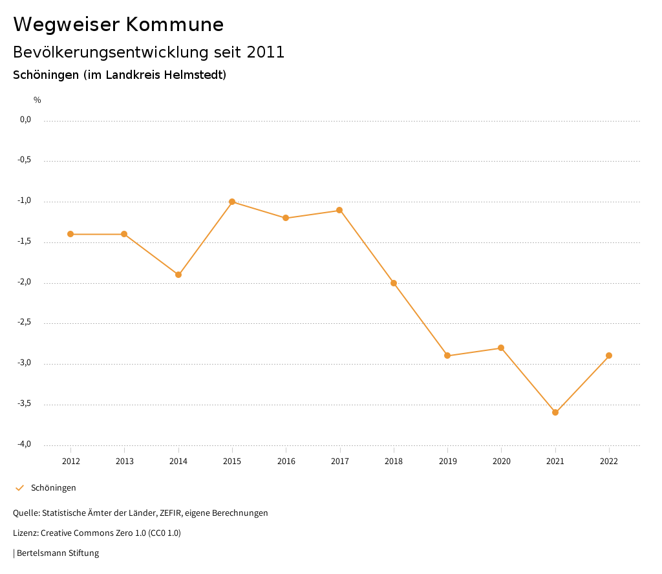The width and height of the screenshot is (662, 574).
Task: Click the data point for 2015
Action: click(x=232, y=202)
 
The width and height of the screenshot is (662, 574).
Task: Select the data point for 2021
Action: click(x=555, y=412)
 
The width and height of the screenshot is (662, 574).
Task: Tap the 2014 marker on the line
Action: click(x=178, y=275)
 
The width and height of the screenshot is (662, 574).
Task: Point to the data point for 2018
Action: click(x=394, y=283)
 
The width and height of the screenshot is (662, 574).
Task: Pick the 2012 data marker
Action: click(x=70, y=234)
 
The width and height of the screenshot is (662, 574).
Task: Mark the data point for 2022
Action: click(x=609, y=356)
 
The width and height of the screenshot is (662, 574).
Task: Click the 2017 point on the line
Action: click(x=339, y=210)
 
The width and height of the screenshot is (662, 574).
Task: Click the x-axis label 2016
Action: click(x=286, y=461)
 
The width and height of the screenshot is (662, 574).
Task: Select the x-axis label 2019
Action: click(x=447, y=461)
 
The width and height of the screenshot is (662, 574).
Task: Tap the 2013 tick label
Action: click(x=124, y=461)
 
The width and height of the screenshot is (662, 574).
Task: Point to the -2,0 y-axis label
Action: click(x=25, y=282)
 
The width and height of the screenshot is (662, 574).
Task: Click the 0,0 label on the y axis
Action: click(x=26, y=120)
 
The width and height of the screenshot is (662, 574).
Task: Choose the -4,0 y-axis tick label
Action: click(x=25, y=444)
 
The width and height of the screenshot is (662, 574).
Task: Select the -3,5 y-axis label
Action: click(x=25, y=403)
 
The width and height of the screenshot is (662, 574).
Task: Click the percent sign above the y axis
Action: click(x=37, y=100)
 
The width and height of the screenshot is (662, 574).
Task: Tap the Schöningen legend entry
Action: click(x=53, y=487)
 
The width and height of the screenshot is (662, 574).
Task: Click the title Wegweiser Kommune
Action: click(x=118, y=25)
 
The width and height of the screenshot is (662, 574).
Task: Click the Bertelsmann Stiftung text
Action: click(x=58, y=553)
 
